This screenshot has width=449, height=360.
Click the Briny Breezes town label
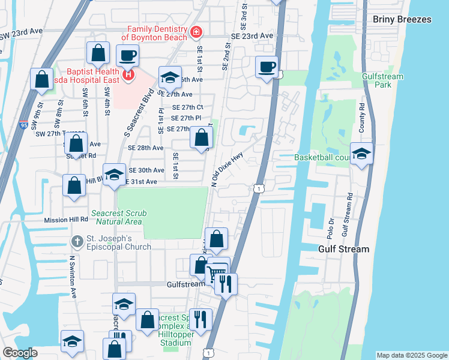point(402,19)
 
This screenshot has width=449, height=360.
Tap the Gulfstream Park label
point(382,80)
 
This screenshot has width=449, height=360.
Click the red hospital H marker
point(127,75)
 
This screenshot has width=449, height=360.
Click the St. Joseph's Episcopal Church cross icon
point(77,242)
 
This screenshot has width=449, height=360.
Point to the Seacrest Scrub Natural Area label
point(118,217)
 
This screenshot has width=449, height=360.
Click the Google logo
point(19,353)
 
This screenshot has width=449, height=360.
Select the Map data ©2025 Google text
point(411,355)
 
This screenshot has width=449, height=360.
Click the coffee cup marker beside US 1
point(267,67)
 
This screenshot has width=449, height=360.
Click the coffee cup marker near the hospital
point(127,56)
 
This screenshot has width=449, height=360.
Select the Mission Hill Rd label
point(66,220)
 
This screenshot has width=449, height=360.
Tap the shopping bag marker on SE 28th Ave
point(202,137)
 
